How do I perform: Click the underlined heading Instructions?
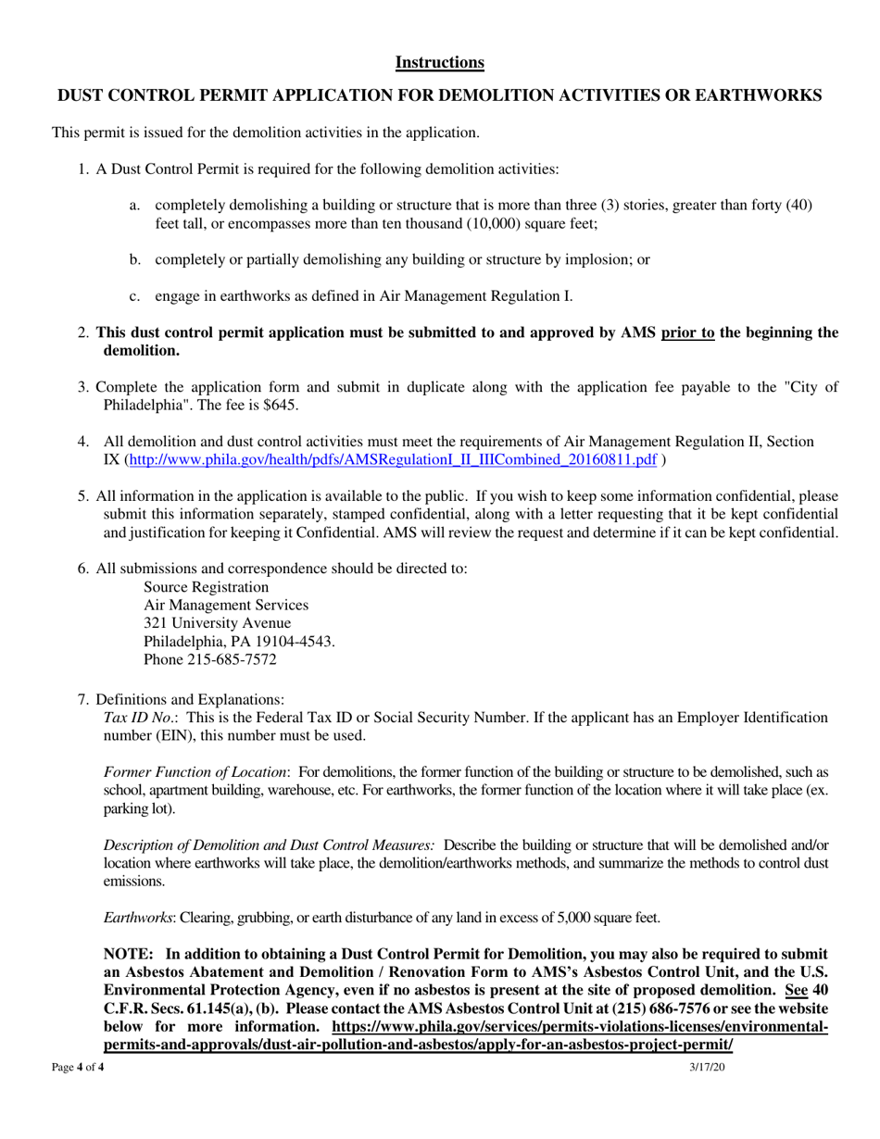pyautogui.click(x=439, y=62)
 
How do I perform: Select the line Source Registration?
pyautogui.click(x=207, y=586)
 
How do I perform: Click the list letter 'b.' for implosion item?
pyautogui.click(x=135, y=259)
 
